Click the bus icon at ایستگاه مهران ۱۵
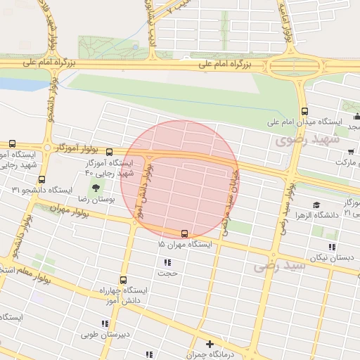click(184, 233)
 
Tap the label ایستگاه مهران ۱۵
click(181, 245)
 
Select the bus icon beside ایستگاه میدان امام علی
click(304, 110)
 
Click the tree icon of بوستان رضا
click(94, 188)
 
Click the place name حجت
click(167, 272)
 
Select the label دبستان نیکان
click(330, 257)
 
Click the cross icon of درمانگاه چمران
click(210, 344)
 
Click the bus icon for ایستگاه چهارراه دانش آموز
click(124, 280)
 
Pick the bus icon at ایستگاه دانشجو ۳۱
click(42, 179)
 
